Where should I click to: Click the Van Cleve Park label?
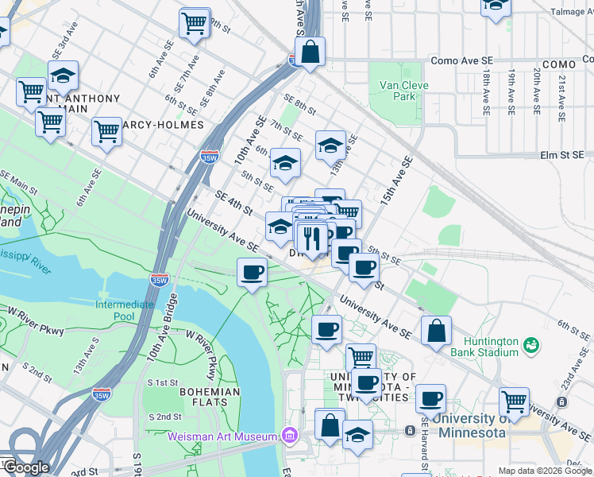(x=403, y=91)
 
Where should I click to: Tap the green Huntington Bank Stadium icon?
(x=530, y=346)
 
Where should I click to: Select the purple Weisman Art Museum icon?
(x=289, y=436)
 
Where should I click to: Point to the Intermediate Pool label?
(x=125, y=310)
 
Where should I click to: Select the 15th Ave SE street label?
(x=396, y=182)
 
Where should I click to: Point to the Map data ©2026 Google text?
(x=545, y=471)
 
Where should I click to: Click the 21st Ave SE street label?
(x=561, y=94)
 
